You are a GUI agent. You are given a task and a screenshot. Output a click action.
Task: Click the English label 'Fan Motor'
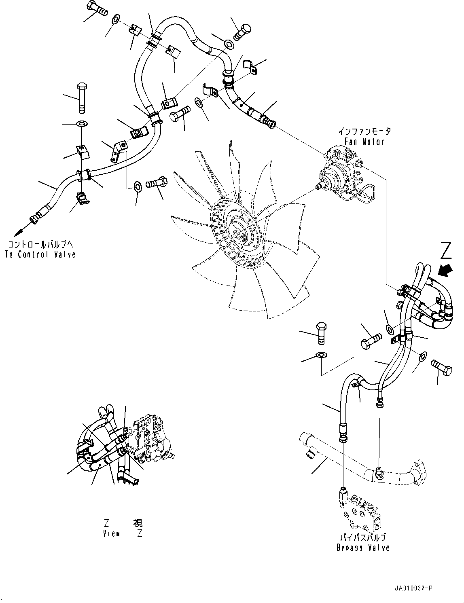click(x=364, y=142)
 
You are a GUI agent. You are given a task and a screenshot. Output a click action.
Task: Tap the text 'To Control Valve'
click(x=40, y=254)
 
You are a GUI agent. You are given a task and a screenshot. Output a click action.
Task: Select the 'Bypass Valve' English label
click(x=363, y=548)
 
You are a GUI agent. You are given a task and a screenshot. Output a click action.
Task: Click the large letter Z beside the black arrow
click(x=446, y=251)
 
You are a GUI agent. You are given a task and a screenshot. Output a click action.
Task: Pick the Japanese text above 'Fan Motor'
click(x=364, y=132)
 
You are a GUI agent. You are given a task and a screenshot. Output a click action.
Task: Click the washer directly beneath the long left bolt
click(x=81, y=123)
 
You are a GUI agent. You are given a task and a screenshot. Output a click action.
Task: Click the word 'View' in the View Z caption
click(x=111, y=533)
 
